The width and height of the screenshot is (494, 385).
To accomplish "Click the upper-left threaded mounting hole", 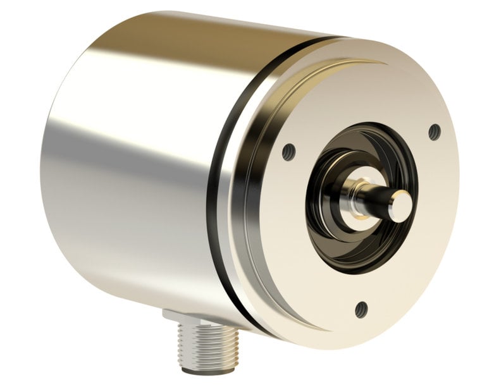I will click(288, 151).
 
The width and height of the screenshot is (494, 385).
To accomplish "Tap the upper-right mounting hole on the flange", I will click(434, 132).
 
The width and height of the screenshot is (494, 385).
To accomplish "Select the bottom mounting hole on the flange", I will click(361, 310).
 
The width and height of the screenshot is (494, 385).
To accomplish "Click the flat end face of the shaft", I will click(400, 207).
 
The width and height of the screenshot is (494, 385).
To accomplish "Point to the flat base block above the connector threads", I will click(183, 314).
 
